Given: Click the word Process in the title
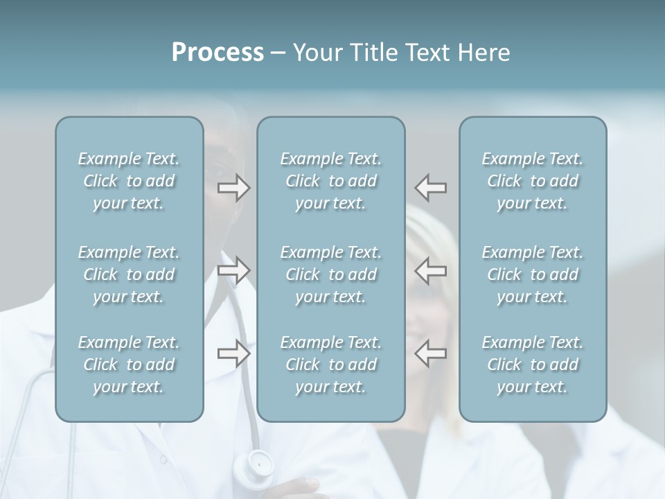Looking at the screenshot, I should pos(218,53).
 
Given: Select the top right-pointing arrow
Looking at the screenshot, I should pos(234,187).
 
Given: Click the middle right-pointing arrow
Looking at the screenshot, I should pos(234,270).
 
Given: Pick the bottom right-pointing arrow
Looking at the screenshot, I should pos(234,353).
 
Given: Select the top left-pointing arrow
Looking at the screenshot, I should pos(431,187).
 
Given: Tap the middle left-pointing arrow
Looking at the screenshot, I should pos(431,270).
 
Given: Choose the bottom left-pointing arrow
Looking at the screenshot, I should pos(431,353).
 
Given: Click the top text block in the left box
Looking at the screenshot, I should pos(129,181).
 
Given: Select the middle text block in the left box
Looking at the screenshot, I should pos(129,274).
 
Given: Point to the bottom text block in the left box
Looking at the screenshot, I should pos(129,365).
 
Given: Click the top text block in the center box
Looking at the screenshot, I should pos(330,181).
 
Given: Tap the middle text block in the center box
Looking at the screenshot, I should pos(330,274).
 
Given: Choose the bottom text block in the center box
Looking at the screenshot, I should pos(330,365).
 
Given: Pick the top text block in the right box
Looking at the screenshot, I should pos(533,181).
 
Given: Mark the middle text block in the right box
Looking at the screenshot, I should pos(533,274).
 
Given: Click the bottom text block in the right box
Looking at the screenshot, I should pos(533,365).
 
